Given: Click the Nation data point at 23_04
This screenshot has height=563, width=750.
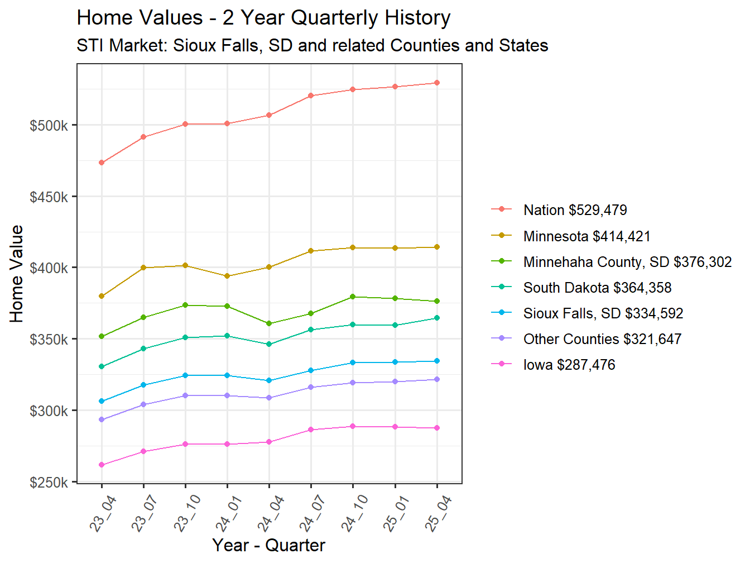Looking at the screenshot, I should click(x=102, y=163).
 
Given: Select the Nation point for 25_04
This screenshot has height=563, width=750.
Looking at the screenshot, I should click(x=437, y=83).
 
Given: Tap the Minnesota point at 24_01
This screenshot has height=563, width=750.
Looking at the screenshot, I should click(x=227, y=276).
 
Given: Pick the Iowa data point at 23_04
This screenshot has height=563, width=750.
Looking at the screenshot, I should click(x=102, y=465).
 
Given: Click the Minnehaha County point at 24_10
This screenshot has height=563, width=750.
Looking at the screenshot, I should click(x=353, y=297).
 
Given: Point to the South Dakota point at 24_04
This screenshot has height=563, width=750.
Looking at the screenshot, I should click(x=269, y=344).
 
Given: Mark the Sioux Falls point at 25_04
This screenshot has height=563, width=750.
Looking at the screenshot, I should click(x=437, y=361).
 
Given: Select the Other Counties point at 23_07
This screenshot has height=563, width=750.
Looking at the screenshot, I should click(x=143, y=404).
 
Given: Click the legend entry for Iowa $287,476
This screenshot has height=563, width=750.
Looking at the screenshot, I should click(x=569, y=365).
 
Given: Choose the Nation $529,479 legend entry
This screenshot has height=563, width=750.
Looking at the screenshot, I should click(x=575, y=210).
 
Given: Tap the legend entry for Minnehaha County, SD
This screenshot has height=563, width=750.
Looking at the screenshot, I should click(x=627, y=262).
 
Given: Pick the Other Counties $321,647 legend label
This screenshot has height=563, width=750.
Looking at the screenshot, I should click(x=602, y=339).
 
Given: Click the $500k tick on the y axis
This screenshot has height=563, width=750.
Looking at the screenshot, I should click(x=49, y=126).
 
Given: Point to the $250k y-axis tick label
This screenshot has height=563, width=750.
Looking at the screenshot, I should click(x=49, y=483).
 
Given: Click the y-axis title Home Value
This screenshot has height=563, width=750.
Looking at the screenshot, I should click(x=17, y=274).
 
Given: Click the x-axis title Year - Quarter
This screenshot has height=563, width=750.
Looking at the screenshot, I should click(x=268, y=545).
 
